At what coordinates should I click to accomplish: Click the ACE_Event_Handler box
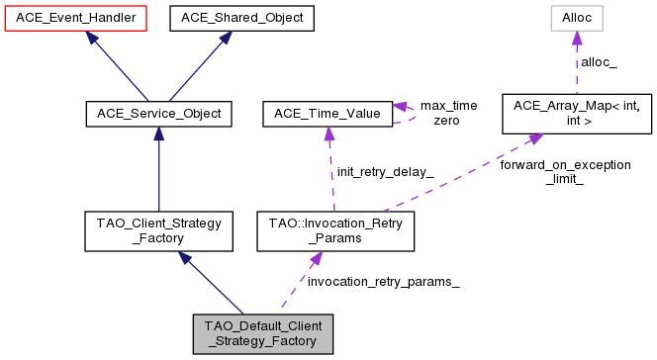[75, 18]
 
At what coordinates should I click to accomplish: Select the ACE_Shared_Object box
[241, 18]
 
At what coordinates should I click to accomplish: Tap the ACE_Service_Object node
[158, 115]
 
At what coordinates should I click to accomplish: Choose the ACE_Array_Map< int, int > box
[578, 115]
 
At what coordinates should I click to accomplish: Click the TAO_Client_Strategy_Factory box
[158, 230]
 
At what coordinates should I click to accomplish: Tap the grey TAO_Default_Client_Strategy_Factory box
[263, 334]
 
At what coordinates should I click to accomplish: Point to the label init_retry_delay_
[386, 171]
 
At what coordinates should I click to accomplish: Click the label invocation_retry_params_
[383, 282]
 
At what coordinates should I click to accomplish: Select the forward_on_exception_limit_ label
[565, 172]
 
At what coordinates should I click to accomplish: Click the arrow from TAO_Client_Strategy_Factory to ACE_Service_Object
[158, 168]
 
